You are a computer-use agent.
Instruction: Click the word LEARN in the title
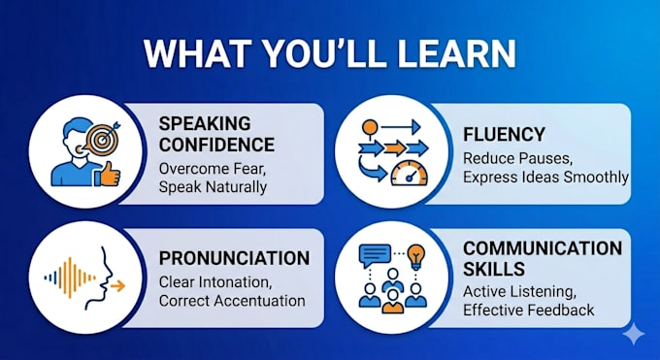pos(457,54)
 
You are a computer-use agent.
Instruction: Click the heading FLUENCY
pos(504,135)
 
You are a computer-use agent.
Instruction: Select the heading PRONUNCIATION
pos(234,258)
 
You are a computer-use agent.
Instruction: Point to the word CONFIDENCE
pos(216,145)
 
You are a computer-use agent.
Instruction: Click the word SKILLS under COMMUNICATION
pos(494,269)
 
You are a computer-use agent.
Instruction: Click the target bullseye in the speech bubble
pos(101,139)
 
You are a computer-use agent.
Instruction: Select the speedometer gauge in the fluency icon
pos(410,174)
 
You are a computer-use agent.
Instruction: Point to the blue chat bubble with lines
pos(375,255)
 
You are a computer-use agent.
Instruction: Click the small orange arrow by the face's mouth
pos(118,286)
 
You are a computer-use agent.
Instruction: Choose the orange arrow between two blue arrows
pos(395,148)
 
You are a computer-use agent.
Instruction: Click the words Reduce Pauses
pos(517,159)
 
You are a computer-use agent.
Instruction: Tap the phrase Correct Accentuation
pos(232,301)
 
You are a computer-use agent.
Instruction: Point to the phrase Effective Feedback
pos(529,311)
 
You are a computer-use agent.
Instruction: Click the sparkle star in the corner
pos(634,335)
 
